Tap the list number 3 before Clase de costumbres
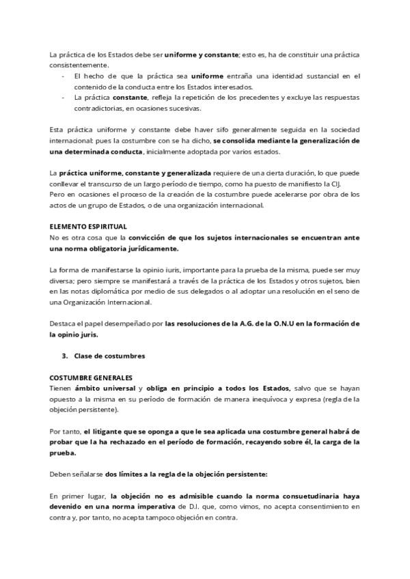point(64,356)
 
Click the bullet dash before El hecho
point(64,76)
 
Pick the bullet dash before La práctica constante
point(64,98)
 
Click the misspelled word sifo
point(185,130)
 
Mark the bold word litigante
point(111,432)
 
